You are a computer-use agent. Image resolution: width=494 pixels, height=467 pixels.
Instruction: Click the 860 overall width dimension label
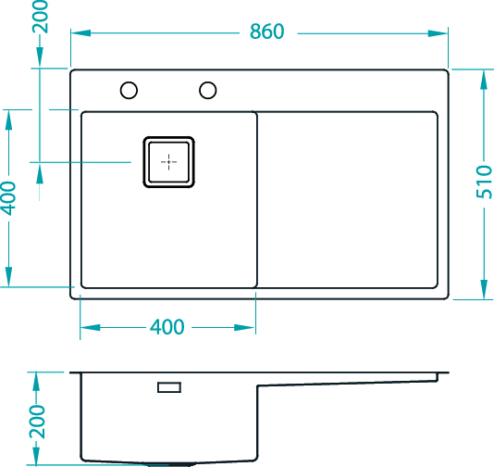(x=266, y=32)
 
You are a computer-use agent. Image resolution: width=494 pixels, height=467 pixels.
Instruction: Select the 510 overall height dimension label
(x=484, y=182)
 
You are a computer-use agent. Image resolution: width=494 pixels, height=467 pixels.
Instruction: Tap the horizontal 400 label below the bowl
(x=167, y=327)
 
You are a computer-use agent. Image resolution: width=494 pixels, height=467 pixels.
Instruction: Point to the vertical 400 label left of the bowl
(x=8, y=198)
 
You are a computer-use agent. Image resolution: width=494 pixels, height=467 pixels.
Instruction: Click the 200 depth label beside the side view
(x=37, y=423)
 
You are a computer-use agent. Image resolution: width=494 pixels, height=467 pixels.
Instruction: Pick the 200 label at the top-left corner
(x=41, y=17)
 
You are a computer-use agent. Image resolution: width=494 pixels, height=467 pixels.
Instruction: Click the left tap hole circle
(x=129, y=90)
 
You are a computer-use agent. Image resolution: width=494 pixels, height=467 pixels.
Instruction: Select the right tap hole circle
(x=207, y=90)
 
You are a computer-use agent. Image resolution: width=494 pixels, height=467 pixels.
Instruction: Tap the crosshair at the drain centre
(x=168, y=162)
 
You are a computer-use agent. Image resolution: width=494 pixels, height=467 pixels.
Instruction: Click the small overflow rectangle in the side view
(x=169, y=387)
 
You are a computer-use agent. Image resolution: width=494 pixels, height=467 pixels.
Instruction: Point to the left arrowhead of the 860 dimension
(x=80, y=33)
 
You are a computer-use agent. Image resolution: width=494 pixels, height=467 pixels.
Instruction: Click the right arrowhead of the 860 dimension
(x=438, y=33)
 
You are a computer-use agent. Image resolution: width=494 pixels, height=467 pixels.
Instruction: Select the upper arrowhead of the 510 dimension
(x=484, y=80)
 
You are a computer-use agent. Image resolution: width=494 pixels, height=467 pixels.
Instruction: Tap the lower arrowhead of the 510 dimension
(x=484, y=289)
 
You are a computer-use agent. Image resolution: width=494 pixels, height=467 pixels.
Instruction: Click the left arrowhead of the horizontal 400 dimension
(x=90, y=327)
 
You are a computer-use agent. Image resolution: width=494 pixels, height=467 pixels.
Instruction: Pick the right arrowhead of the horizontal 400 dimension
(x=244, y=327)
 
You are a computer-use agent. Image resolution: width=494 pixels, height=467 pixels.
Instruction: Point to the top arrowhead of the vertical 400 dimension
(x=8, y=120)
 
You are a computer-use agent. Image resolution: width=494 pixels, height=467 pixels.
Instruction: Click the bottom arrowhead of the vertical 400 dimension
(x=8, y=277)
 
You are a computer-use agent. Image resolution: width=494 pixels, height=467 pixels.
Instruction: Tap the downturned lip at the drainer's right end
(x=438, y=377)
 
